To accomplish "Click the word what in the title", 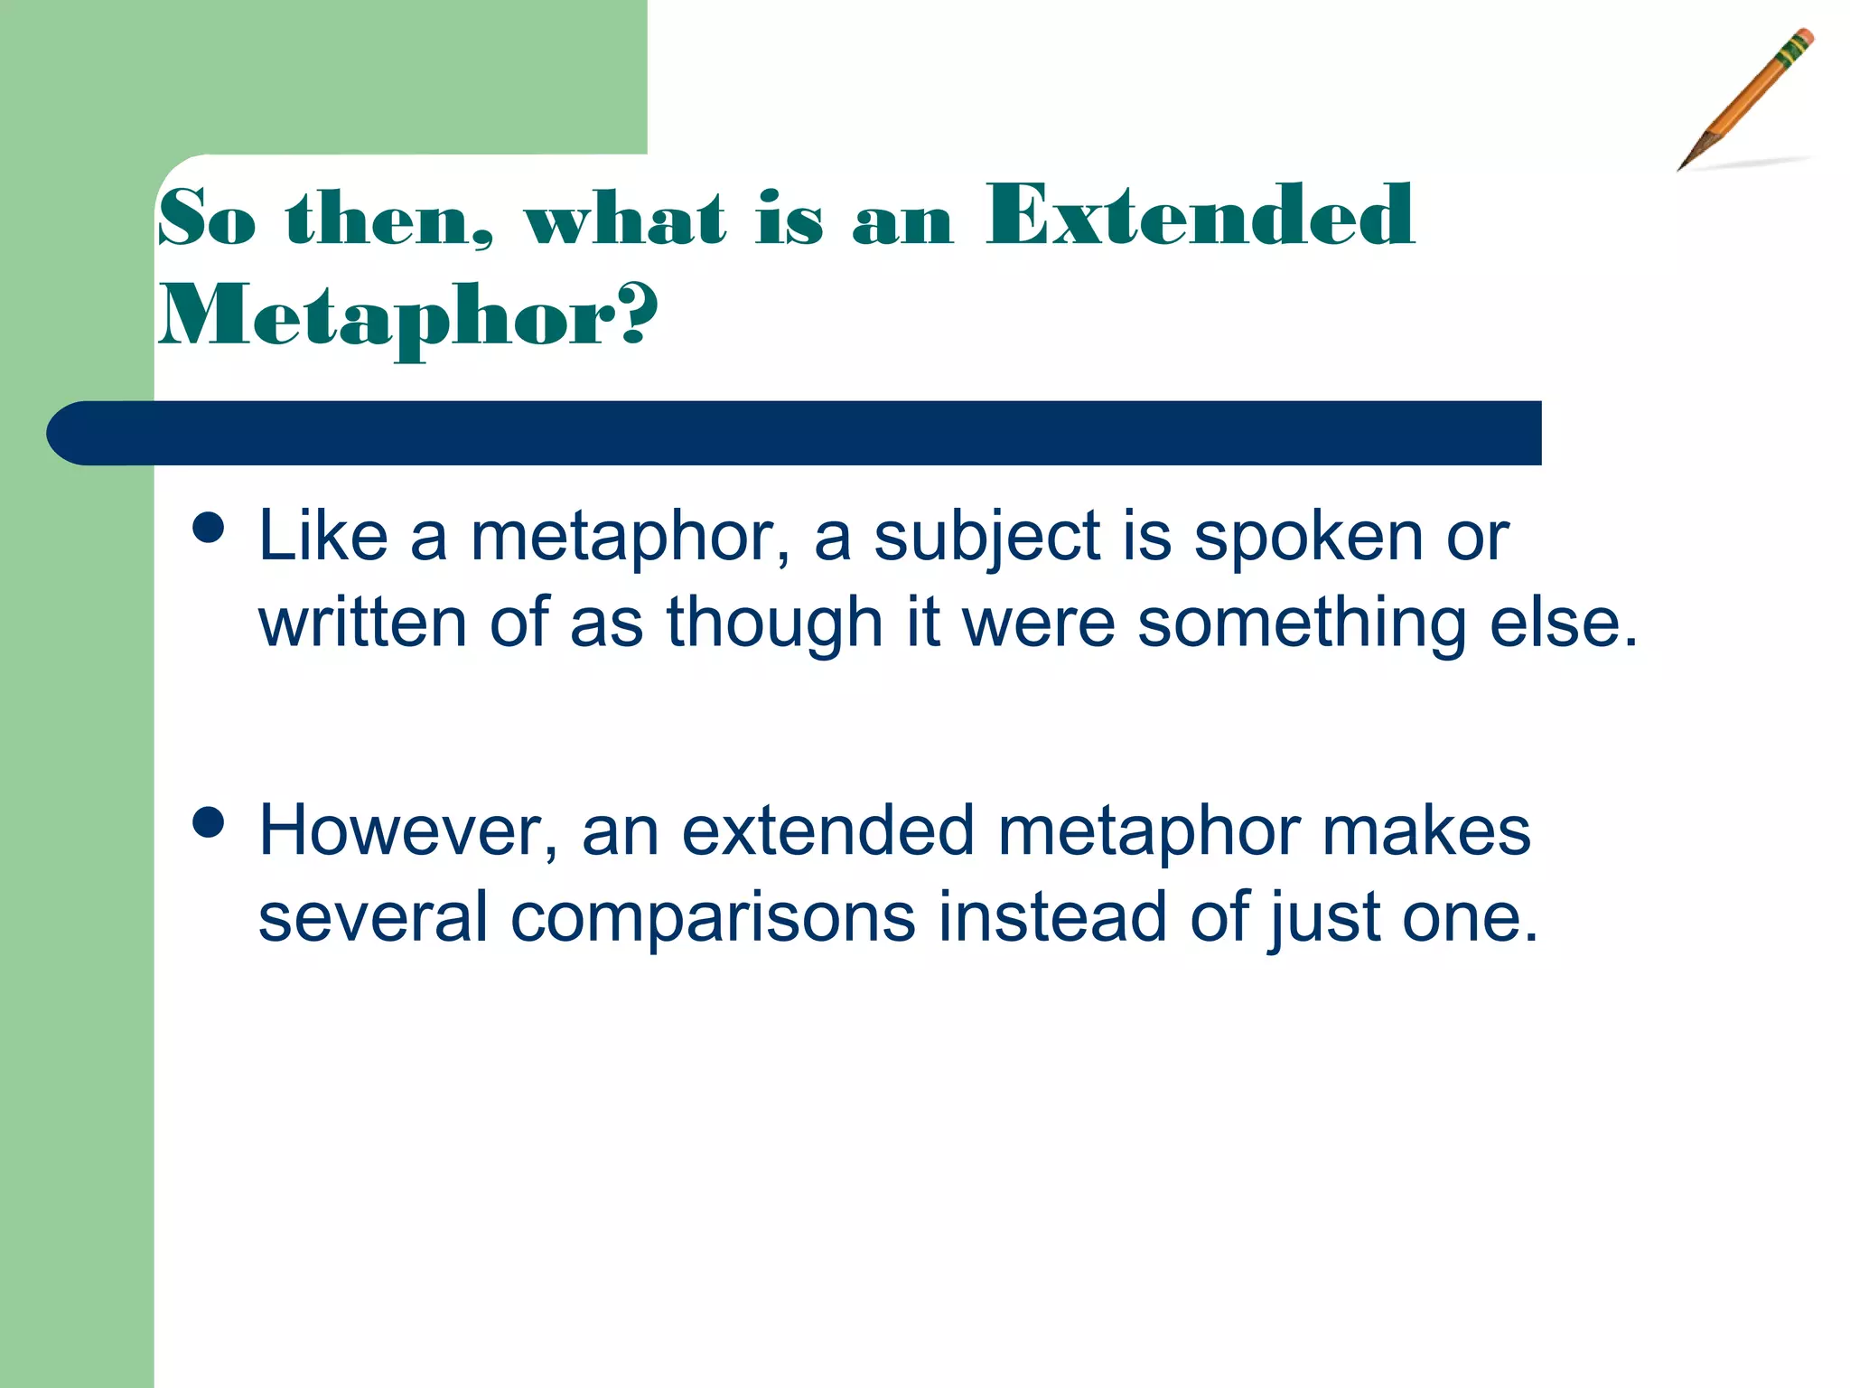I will pos(625,219).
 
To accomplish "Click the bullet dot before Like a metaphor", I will pos(209,527).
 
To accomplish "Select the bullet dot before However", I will pos(209,822).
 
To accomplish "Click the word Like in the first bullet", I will pos(322,537).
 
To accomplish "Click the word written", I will pos(362,624).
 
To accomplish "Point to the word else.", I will pos(1563,624).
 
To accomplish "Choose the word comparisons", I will pos(713,918).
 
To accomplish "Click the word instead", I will pos(1051,916).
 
